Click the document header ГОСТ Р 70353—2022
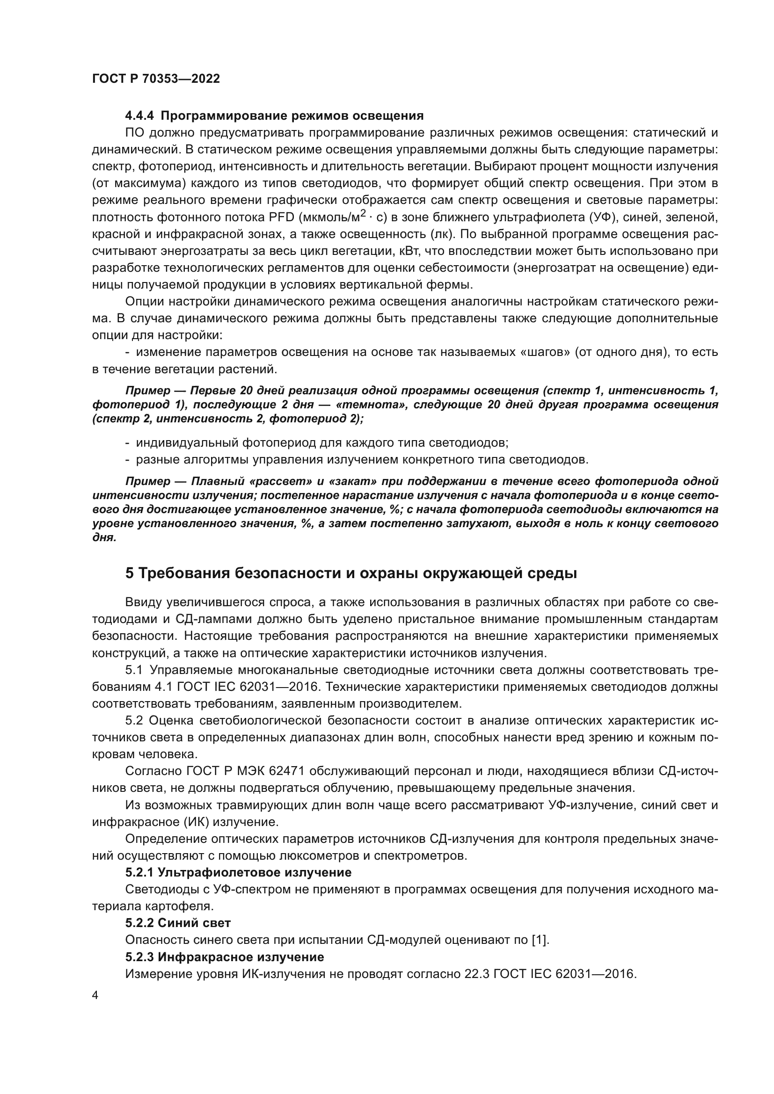click(156, 79)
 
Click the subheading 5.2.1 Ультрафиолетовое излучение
click(238, 872)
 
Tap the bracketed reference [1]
click(540, 940)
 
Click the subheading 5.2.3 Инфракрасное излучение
click(225, 957)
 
